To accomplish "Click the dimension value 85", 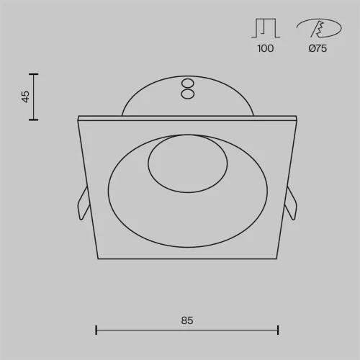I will coord(187,319).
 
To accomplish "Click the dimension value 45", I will coord(25,96).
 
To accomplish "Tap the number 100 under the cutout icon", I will coord(265,49).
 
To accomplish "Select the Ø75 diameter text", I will coord(318,49).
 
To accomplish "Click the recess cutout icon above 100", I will coord(265,29).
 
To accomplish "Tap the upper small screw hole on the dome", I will coord(187,83).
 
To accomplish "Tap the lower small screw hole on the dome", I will coord(187,93).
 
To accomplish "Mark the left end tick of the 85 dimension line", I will coord(96,330).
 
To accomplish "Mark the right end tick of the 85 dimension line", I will coord(278,330).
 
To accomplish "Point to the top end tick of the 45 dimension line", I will coord(33,73).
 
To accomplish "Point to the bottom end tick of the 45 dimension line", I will coord(33,120).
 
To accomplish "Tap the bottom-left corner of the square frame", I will coord(97,258).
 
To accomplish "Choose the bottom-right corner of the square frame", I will coord(277,258).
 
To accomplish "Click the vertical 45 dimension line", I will coord(33,96).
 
